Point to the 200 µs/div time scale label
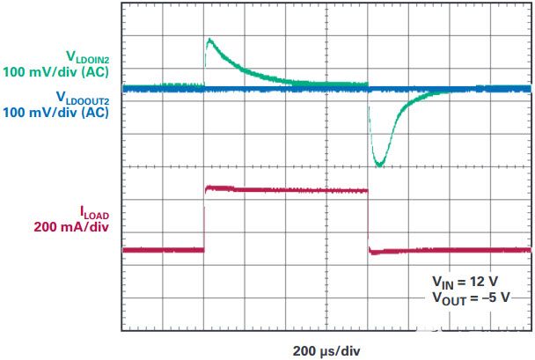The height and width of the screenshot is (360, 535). pos(325,349)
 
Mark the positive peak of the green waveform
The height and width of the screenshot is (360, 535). pos(209,40)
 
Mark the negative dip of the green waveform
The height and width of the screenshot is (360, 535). pos(379,163)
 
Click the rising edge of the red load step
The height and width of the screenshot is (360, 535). pos(204,220)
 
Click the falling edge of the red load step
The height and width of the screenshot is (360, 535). pos(368,220)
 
